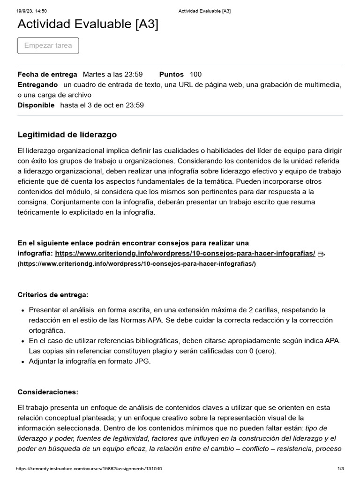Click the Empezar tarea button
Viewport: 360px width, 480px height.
[48, 45]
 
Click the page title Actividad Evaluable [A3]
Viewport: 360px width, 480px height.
[88, 24]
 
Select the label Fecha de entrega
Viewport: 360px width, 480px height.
[47, 74]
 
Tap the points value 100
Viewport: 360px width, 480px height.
[195, 74]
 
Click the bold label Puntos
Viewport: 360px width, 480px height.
[172, 74]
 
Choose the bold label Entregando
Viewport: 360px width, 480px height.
[37, 84]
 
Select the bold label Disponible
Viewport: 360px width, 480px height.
[36, 105]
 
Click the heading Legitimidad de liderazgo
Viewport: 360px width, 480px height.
[67, 135]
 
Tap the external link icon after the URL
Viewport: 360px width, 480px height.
[321, 254]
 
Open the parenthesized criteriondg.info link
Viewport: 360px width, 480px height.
[137, 263]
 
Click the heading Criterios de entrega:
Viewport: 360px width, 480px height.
[52, 294]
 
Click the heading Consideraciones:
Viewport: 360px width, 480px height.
[48, 392]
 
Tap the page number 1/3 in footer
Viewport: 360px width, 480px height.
[341, 469]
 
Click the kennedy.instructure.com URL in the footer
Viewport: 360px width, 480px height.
[89, 469]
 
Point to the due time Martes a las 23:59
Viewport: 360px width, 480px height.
[112, 74]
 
